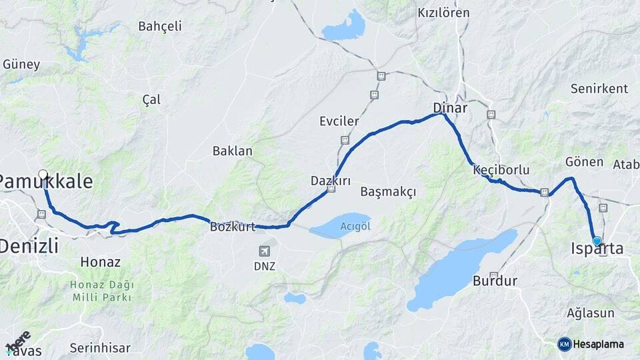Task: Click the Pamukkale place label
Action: [x=45, y=181]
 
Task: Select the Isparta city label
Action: [x=597, y=249]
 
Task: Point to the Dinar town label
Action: [x=450, y=107]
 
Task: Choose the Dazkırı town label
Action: [x=331, y=181]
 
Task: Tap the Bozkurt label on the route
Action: [x=233, y=227]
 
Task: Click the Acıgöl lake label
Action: [x=355, y=225]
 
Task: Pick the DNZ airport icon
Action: [x=265, y=251]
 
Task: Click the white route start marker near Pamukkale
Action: [x=43, y=175]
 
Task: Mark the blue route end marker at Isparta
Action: [x=597, y=241]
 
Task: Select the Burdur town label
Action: [x=495, y=281]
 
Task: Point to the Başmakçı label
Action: [x=388, y=192]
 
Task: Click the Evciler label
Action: [x=339, y=121]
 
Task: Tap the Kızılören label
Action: [x=443, y=13]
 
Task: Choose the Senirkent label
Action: [x=599, y=89]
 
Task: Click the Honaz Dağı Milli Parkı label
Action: [x=102, y=291]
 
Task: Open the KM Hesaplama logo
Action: [x=591, y=344]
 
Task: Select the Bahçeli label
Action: [x=160, y=27]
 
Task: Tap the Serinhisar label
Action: [x=100, y=348]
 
